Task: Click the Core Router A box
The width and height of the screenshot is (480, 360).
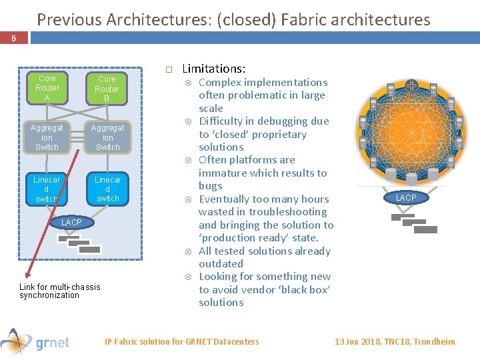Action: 47,87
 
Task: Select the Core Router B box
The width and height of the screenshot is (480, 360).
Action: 107,89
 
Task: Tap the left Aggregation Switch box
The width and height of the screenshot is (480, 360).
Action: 47,137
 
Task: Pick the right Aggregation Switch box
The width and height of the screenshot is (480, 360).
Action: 107,137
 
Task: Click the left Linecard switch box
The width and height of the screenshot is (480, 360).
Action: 47,189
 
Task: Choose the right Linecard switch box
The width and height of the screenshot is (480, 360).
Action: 107,189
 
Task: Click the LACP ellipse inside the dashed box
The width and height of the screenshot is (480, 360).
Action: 71,222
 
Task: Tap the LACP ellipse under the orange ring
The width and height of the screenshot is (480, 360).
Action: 406,197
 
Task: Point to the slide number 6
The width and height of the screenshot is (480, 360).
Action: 13,39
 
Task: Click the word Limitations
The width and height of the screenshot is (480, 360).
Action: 213,69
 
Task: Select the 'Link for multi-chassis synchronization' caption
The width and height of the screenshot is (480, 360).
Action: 60,291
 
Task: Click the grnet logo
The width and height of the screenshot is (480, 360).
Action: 37,341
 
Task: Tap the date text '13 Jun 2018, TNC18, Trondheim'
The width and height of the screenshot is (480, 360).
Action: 395,341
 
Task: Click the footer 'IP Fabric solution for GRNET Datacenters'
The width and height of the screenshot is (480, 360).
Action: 182,341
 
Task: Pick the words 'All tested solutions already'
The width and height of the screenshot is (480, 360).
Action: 265,251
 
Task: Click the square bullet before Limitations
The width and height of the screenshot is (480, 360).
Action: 169,69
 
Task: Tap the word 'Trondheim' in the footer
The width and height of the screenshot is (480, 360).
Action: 434,341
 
